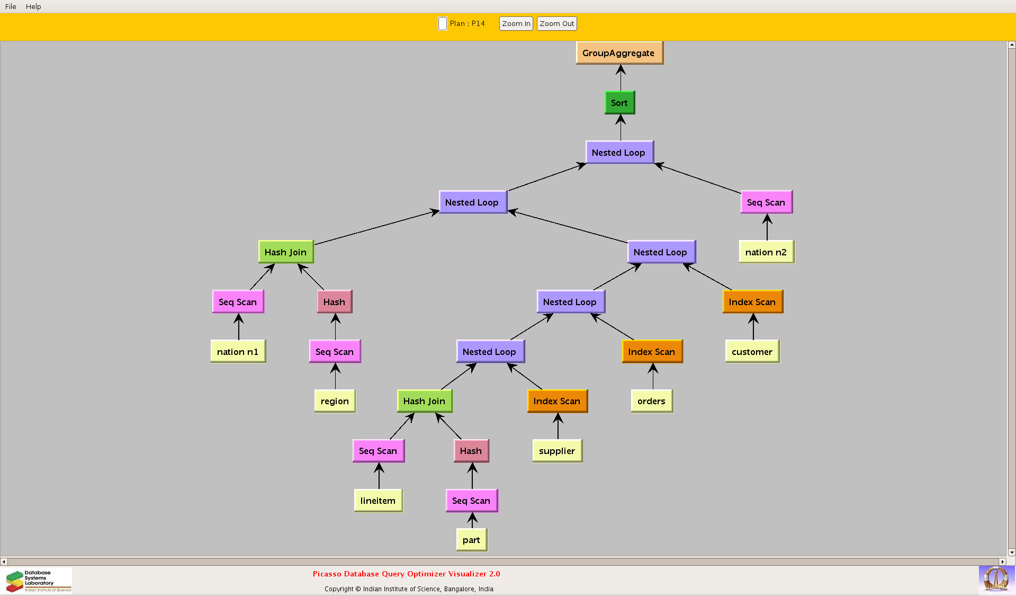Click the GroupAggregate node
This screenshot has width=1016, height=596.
(619, 53)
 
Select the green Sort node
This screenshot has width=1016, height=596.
(619, 103)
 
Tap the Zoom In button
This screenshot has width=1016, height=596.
(516, 24)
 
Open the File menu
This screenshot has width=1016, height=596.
(11, 6)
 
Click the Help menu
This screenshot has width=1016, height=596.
(33, 6)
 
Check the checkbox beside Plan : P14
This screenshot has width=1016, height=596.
(443, 24)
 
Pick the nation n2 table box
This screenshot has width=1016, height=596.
(766, 252)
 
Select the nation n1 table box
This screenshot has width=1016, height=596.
(238, 352)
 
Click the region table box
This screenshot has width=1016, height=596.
(335, 401)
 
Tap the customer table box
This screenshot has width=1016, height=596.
(752, 352)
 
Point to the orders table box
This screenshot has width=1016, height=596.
(652, 401)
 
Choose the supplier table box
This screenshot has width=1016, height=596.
(557, 451)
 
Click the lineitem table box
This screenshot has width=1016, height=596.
(378, 501)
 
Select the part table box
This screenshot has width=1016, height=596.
(471, 540)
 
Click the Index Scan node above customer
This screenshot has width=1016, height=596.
(752, 302)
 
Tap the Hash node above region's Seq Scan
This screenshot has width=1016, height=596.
(334, 302)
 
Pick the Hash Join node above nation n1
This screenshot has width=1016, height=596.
(286, 252)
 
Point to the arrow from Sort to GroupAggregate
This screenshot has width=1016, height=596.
(621, 78)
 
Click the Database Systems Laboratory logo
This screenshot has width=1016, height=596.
(39, 581)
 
